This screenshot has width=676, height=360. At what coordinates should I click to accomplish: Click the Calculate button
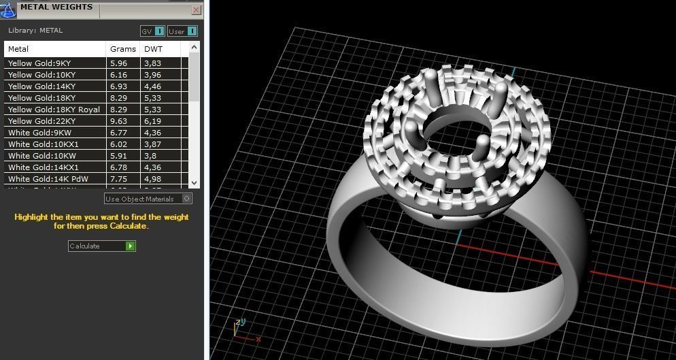(102, 246)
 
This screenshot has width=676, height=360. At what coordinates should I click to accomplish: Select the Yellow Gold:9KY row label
(39, 63)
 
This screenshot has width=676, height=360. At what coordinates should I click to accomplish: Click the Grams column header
(123, 49)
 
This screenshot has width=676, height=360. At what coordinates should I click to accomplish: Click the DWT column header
(153, 49)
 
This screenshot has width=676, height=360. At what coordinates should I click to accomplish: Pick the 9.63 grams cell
(119, 121)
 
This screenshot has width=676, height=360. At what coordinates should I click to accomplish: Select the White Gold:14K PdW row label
(48, 179)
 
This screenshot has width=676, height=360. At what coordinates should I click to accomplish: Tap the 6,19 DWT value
(152, 121)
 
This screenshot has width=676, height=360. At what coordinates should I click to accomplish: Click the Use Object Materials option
(148, 199)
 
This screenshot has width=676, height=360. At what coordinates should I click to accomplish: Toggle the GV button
(152, 31)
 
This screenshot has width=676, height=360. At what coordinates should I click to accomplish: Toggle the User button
(182, 31)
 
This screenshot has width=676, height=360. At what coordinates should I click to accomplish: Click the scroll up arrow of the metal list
(194, 48)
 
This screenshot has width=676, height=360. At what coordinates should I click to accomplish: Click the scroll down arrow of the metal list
(194, 182)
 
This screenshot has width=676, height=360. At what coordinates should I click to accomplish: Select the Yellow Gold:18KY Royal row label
(54, 110)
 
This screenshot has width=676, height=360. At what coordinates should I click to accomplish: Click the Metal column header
(18, 49)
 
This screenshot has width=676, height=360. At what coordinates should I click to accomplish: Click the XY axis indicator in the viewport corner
(241, 329)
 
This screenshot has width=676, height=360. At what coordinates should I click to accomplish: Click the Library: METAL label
(35, 31)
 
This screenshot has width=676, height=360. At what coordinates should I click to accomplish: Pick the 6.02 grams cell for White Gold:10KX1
(119, 144)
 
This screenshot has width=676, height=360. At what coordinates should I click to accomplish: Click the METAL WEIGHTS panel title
(56, 7)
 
